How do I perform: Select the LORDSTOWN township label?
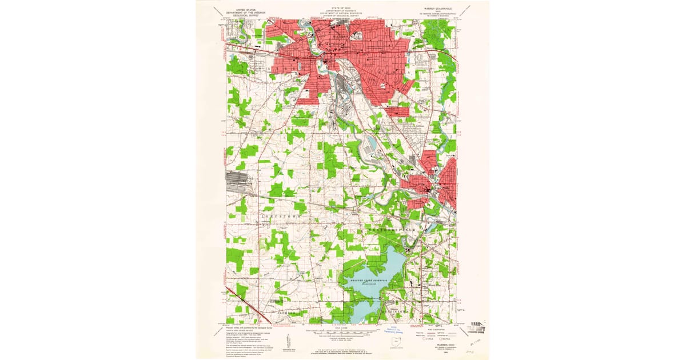pos(281,218)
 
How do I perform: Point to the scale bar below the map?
pos(342,331)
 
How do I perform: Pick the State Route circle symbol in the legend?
pos(441,338)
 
